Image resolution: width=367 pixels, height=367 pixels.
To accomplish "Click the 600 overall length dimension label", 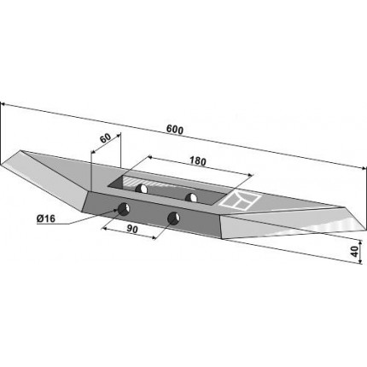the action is click(175, 130).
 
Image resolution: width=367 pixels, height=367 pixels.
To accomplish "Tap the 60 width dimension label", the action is click(105, 138).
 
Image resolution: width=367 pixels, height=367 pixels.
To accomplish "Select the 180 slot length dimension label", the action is click(197, 161).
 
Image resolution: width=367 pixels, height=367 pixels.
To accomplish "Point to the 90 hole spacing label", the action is click(132, 229).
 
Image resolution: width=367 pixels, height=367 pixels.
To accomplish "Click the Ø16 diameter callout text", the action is click(46, 218).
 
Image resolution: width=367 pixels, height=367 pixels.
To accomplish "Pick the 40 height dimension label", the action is click(354, 252).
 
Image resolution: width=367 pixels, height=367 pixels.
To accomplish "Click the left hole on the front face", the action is click(125, 209).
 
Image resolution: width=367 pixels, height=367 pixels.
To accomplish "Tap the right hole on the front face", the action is click(173, 218).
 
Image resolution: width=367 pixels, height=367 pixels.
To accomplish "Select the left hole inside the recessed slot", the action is click(141, 189).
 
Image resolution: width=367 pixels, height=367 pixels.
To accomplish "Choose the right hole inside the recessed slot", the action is click(191, 197).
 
